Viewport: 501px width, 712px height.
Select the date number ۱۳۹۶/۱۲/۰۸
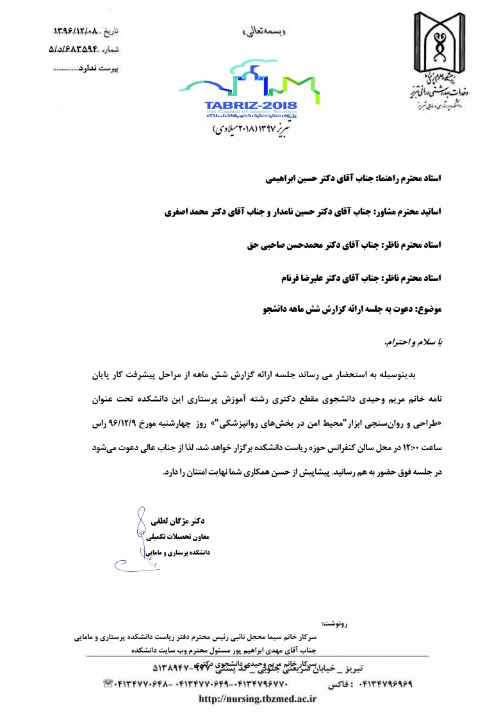click(74, 31)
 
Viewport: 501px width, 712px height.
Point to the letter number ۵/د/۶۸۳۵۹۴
click(72, 48)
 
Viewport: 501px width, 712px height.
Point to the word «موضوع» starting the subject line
click(427, 311)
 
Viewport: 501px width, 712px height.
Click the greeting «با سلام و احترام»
click(414, 343)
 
